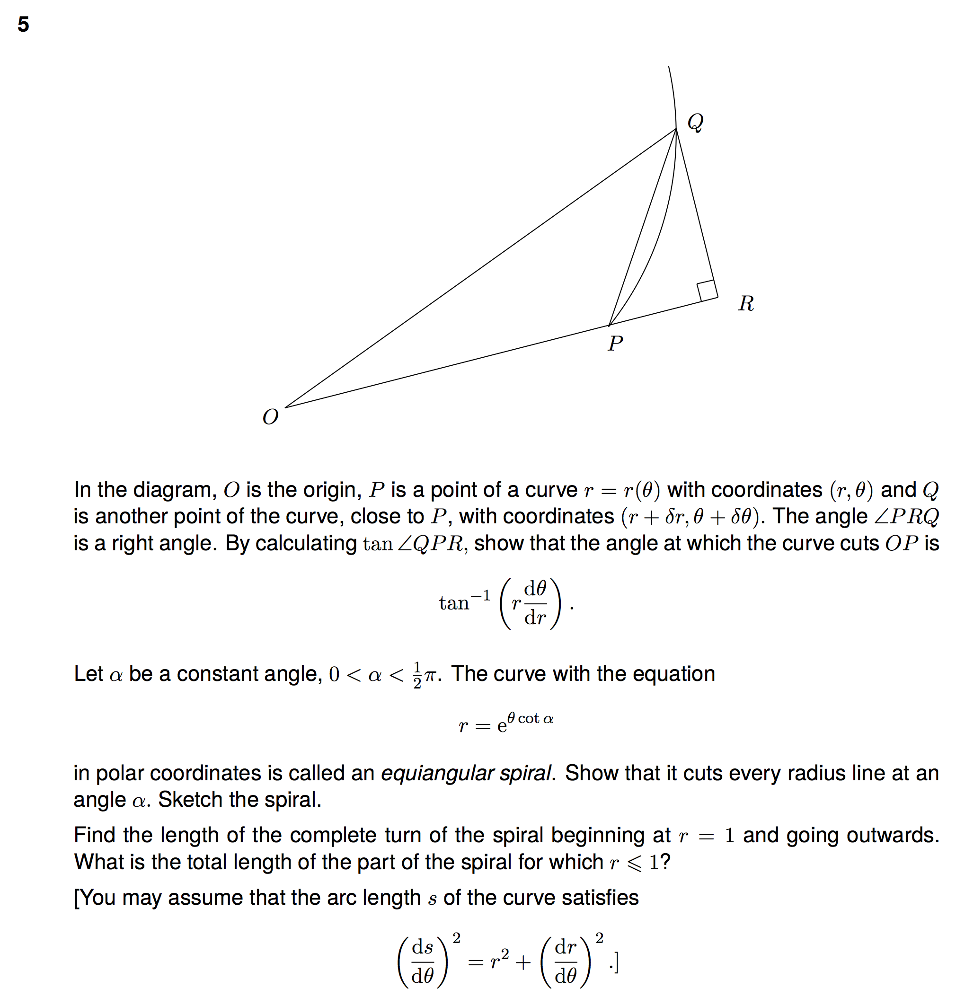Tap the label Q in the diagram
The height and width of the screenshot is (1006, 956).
(x=695, y=122)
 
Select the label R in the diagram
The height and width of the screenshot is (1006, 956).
(x=746, y=303)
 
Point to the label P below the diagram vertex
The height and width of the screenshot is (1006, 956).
(x=615, y=344)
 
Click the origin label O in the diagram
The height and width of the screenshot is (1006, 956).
(x=270, y=417)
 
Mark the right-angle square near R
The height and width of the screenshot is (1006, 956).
(x=706, y=291)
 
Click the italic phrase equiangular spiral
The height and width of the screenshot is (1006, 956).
(x=466, y=773)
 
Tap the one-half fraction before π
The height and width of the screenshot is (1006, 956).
(x=417, y=675)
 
